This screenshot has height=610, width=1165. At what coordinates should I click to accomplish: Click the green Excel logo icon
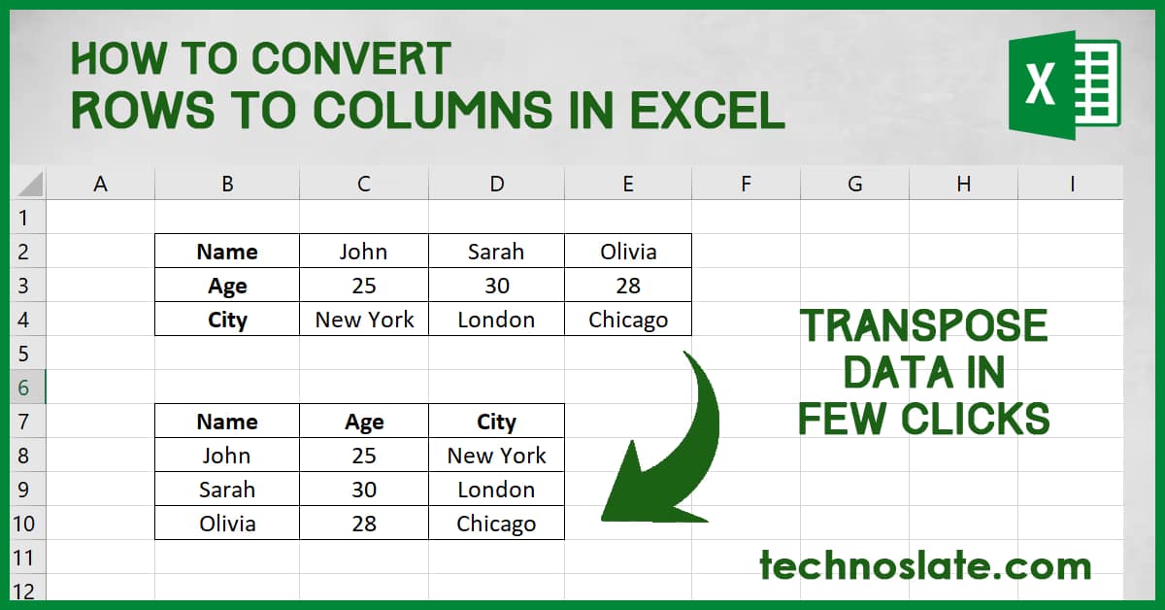tap(1063, 84)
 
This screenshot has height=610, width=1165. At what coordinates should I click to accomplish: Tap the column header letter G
tap(854, 183)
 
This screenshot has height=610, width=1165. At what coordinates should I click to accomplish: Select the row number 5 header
tap(23, 354)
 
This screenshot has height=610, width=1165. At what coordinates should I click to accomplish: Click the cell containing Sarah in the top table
tap(495, 252)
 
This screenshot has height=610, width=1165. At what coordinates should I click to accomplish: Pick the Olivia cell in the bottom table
tap(227, 524)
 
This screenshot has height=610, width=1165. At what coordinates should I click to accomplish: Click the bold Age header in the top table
tap(227, 286)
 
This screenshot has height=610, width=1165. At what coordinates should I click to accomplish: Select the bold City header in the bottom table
tap(495, 422)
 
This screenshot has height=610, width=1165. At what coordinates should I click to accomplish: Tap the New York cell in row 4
tap(364, 320)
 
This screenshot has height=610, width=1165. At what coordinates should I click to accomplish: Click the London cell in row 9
tap(495, 490)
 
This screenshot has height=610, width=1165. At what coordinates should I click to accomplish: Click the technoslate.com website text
tap(924, 564)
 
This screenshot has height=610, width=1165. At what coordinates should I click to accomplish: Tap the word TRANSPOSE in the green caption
tap(923, 327)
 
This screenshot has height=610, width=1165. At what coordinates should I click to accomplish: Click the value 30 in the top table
tap(495, 286)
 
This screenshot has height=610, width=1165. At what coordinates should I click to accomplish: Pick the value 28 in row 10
tap(364, 524)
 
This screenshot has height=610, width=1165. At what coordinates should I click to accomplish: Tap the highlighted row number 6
tap(23, 388)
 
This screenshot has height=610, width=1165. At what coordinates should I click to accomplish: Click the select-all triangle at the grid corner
tap(29, 184)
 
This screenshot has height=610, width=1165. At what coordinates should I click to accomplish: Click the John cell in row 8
tap(227, 456)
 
